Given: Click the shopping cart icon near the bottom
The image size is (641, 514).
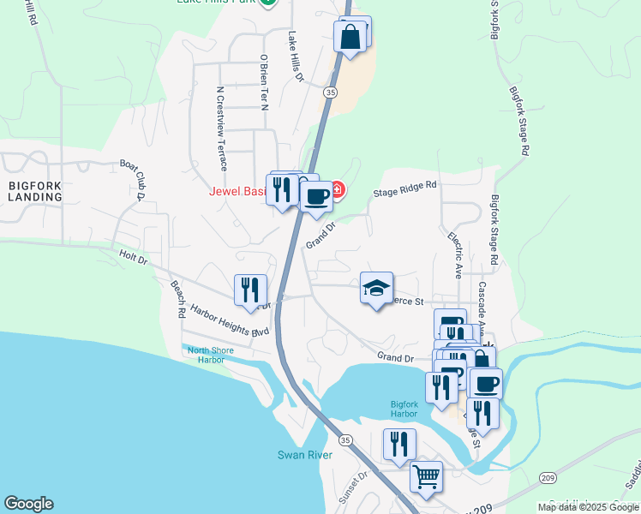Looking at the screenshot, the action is point(426,475).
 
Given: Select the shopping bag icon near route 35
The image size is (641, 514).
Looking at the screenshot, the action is point(350,37).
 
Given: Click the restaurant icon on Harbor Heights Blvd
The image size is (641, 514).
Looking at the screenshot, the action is point(250,289).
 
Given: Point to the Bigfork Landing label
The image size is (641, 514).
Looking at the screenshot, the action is point(36,190).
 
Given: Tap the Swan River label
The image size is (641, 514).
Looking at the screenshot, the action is point(299,455).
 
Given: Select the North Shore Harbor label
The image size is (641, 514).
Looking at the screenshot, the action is point(206,355).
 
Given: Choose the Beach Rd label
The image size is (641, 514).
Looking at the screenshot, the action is point(177,300).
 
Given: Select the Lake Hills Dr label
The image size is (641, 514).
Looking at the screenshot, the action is point(296,57).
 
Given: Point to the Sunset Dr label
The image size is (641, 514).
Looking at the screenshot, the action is point(353,486).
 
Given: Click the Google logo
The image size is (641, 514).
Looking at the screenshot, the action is point(29,504).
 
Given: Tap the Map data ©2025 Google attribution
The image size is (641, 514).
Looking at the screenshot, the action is point(587,507).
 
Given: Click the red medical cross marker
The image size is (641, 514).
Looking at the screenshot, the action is point(338,189).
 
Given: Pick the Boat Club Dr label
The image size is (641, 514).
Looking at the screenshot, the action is point(134,179).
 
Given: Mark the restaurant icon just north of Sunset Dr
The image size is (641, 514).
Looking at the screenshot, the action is point(399,444).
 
